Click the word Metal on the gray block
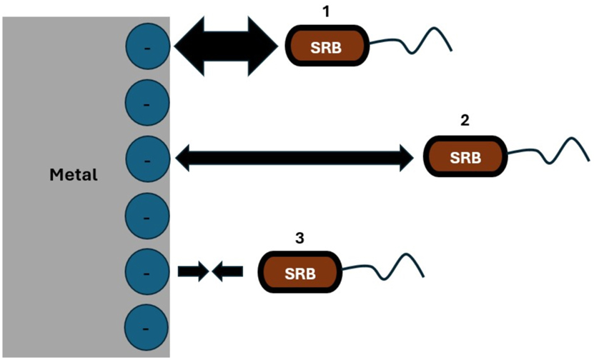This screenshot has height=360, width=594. pyautogui.click(x=73, y=174)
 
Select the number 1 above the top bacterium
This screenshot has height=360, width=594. pyautogui.click(x=328, y=12)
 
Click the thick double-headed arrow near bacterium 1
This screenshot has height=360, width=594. pyautogui.click(x=225, y=46)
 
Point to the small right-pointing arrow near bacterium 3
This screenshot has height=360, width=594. pyautogui.click(x=192, y=271)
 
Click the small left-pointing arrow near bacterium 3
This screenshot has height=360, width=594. pyautogui.click(x=229, y=271)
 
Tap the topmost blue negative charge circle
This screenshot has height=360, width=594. pyautogui.click(x=147, y=46)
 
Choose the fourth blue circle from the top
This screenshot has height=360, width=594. pyautogui.click(x=147, y=215)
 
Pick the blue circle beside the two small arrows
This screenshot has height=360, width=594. pyautogui.click(x=147, y=272)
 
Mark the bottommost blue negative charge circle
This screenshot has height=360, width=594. pyautogui.click(x=147, y=328)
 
